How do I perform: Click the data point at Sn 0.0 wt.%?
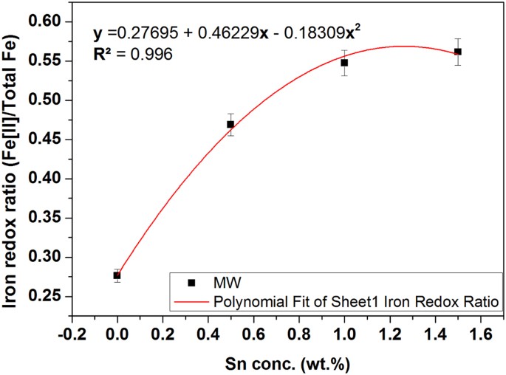[117, 275]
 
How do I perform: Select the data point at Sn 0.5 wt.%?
[230, 124]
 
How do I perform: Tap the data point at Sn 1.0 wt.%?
[344, 63]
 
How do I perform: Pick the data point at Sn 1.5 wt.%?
[458, 52]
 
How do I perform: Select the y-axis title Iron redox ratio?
[16, 164]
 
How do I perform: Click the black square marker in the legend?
[192, 283]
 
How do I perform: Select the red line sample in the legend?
[192, 301]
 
